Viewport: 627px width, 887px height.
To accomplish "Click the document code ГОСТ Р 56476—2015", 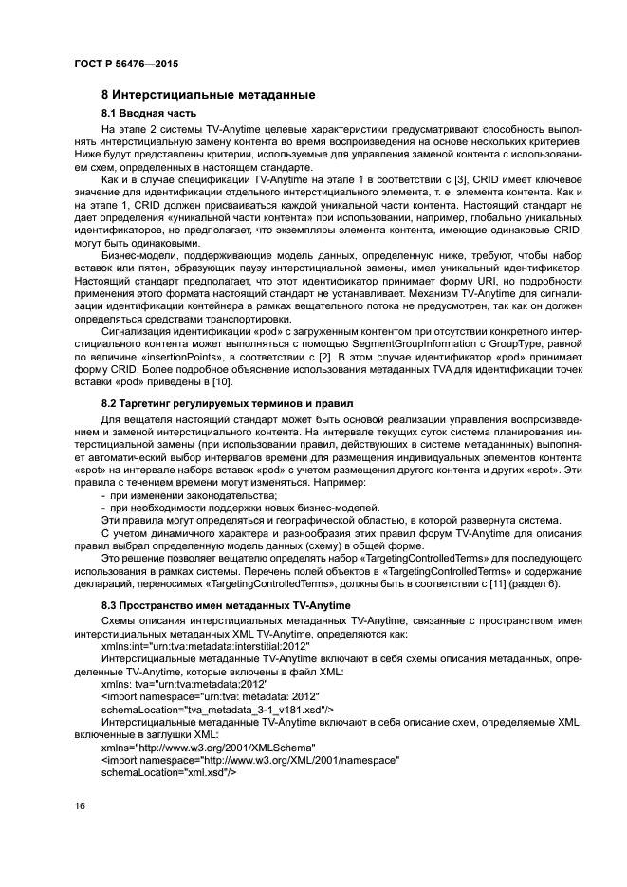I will [x=126, y=64].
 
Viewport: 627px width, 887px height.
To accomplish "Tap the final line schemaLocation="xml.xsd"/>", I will [x=168, y=773].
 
